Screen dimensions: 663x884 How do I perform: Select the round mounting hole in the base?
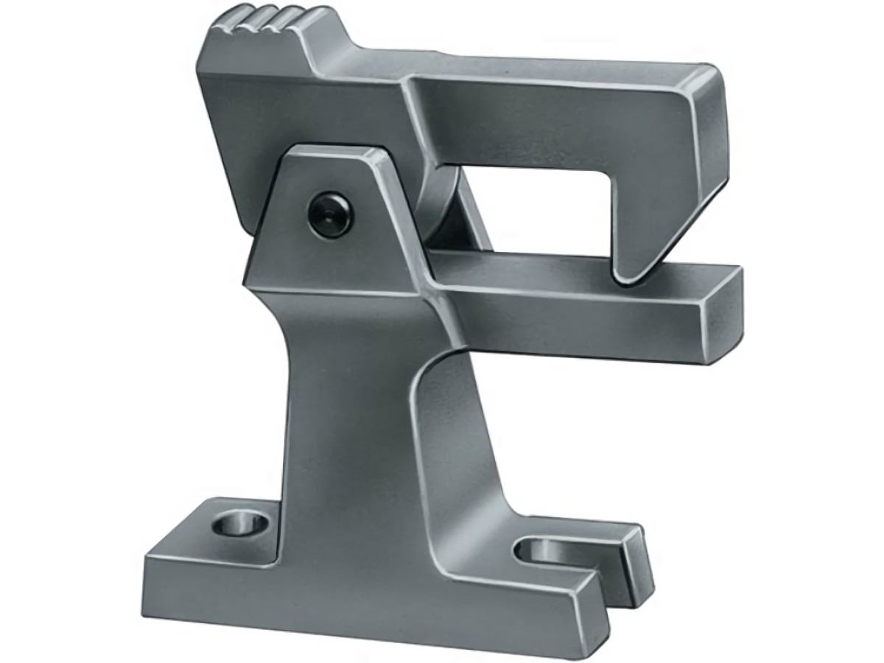pos(240,525)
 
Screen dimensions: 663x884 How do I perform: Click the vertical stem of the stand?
pos(354,413)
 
